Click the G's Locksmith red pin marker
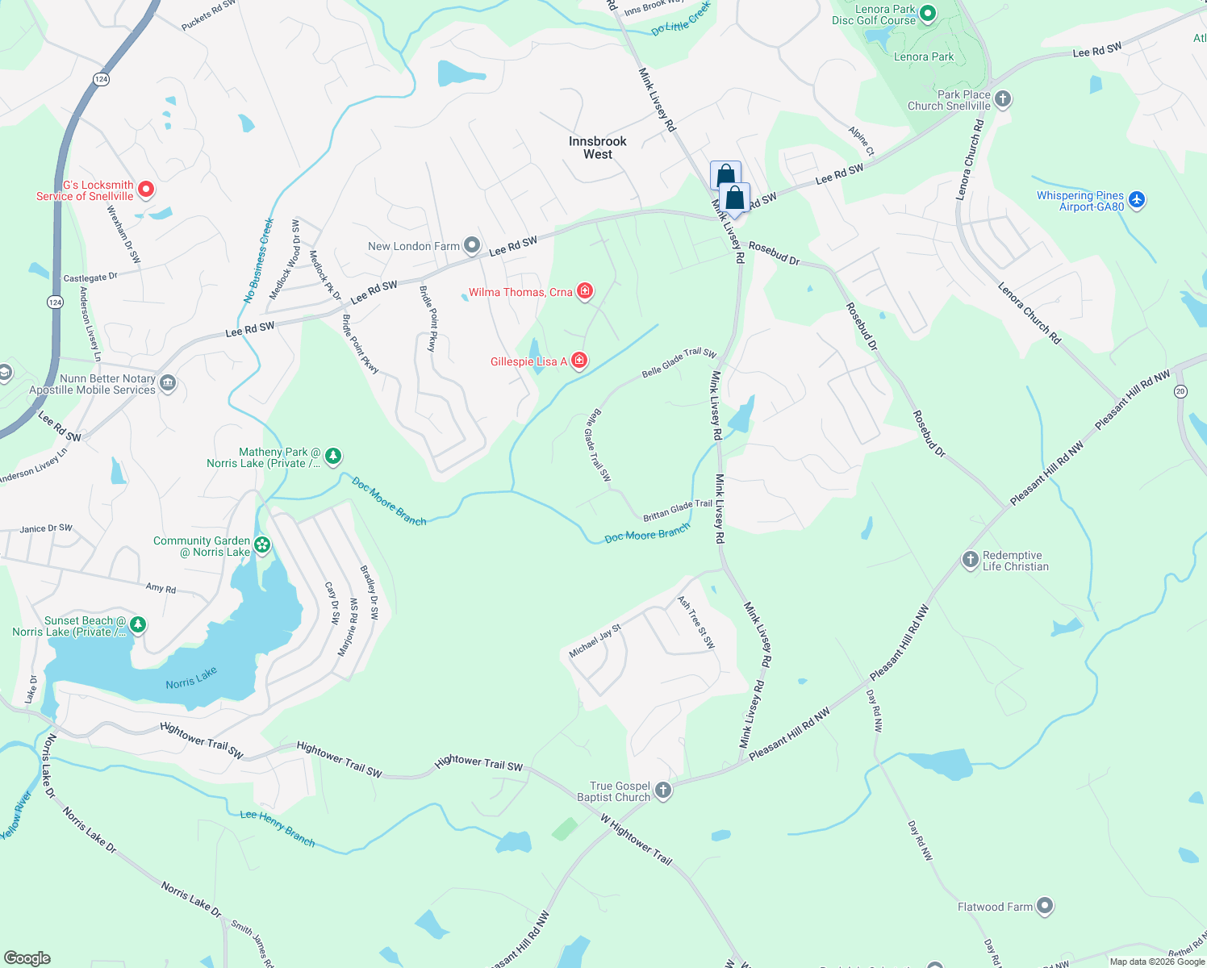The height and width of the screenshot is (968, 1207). (x=146, y=190)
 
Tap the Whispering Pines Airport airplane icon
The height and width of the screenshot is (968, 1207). (x=1137, y=199)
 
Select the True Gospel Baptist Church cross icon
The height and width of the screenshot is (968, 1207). (x=663, y=791)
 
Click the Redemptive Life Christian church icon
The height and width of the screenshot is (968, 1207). (x=971, y=560)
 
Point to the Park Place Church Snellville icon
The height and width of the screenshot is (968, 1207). (x=1003, y=99)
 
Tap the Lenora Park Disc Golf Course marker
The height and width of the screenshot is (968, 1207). (x=928, y=13)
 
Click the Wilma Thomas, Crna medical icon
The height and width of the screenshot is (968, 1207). (x=585, y=291)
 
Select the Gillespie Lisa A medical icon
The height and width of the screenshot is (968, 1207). (x=579, y=361)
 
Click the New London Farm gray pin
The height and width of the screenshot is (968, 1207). (x=472, y=245)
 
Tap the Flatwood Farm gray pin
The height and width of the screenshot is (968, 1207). (x=1045, y=906)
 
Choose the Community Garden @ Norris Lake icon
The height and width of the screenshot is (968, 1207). (x=262, y=546)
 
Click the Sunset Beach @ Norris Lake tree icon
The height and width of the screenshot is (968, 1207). (x=138, y=625)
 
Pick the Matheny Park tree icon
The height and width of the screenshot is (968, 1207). (x=332, y=457)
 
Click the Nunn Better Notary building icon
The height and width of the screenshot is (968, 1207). (x=168, y=382)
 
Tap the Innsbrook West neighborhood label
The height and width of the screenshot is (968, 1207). (x=597, y=148)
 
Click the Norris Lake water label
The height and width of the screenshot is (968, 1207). (x=191, y=678)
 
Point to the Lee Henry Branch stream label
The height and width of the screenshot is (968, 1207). (x=278, y=828)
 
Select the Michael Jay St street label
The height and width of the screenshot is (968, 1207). (x=595, y=640)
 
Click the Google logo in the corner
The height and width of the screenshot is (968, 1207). (x=27, y=958)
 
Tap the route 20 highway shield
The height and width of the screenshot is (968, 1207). (x=1180, y=391)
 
